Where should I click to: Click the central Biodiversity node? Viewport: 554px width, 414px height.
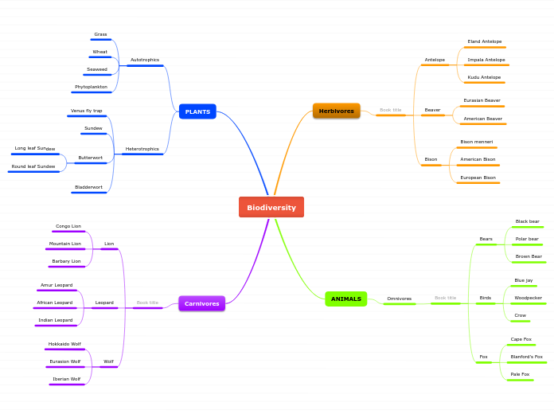click(x=271, y=207)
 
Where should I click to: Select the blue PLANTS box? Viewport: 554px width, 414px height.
click(x=197, y=111)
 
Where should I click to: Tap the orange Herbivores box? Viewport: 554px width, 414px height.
click(x=336, y=111)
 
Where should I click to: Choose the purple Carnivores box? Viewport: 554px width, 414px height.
click(x=201, y=303)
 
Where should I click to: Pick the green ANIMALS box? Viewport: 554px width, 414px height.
click(x=345, y=299)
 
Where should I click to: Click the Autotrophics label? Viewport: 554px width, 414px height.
click(x=144, y=60)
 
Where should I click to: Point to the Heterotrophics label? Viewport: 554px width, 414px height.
click(x=142, y=149)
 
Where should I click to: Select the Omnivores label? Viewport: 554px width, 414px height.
click(x=399, y=299)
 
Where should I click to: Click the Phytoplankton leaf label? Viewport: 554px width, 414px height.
click(x=91, y=87)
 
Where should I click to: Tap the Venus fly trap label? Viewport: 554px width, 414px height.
click(x=86, y=111)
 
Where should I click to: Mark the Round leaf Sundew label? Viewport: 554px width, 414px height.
click(x=33, y=166)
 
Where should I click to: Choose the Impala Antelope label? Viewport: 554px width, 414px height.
click(x=486, y=60)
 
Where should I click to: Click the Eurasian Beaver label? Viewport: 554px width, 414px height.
click(x=482, y=100)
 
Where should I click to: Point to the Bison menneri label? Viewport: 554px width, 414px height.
click(x=476, y=142)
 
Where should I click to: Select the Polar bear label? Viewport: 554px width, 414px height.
click(x=526, y=239)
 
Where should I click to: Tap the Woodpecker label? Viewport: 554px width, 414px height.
click(x=528, y=298)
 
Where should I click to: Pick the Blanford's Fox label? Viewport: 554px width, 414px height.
click(x=526, y=357)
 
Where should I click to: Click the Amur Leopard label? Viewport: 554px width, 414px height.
click(x=57, y=285)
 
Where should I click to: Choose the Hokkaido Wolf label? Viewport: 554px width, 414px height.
click(x=64, y=344)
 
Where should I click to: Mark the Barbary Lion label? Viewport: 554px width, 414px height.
click(x=66, y=261)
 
